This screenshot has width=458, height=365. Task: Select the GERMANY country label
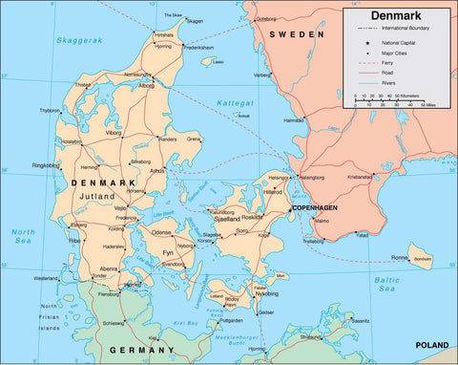(x=138, y=351)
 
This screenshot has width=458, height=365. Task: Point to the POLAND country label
(x=431, y=345)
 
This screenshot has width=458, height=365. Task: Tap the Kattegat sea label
(x=235, y=100)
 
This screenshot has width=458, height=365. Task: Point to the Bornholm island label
(x=422, y=258)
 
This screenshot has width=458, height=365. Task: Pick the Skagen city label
(x=196, y=21)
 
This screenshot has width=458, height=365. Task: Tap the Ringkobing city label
(x=46, y=165)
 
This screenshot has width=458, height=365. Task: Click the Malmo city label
(x=322, y=222)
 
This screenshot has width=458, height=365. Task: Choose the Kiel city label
(x=154, y=337)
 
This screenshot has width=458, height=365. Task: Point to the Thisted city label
(x=83, y=85)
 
